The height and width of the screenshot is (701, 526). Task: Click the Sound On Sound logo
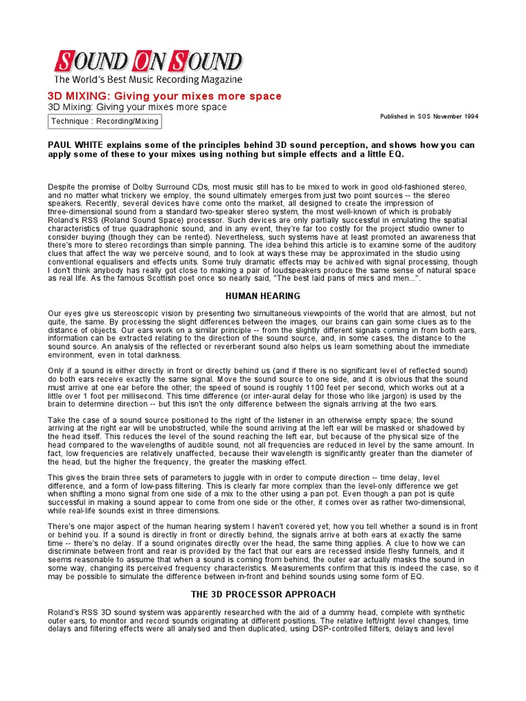pos(148,62)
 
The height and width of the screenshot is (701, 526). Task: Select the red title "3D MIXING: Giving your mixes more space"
pos(164,97)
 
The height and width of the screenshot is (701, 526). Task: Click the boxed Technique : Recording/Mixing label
pos(105,122)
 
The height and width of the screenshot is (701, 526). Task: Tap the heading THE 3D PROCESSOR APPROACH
pos(263,594)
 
